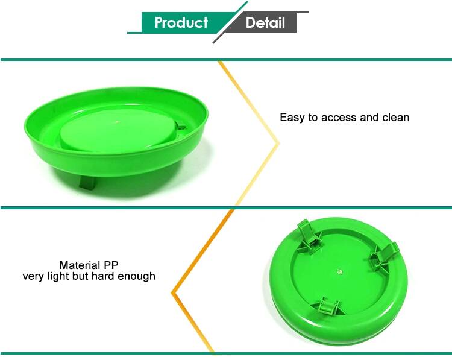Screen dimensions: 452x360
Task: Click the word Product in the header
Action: click(x=181, y=22)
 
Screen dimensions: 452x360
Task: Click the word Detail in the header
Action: click(x=265, y=22)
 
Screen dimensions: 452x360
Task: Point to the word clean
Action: click(x=396, y=118)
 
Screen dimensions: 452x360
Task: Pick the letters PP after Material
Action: click(x=111, y=265)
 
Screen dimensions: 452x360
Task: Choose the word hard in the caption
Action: click(x=103, y=276)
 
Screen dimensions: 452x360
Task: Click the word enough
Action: click(x=136, y=277)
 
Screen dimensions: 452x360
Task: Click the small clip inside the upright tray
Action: click(x=180, y=125)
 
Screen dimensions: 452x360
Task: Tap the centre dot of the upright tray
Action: click(x=117, y=122)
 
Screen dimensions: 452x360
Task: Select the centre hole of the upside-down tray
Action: click(x=339, y=271)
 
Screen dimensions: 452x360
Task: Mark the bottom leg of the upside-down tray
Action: click(x=328, y=306)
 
